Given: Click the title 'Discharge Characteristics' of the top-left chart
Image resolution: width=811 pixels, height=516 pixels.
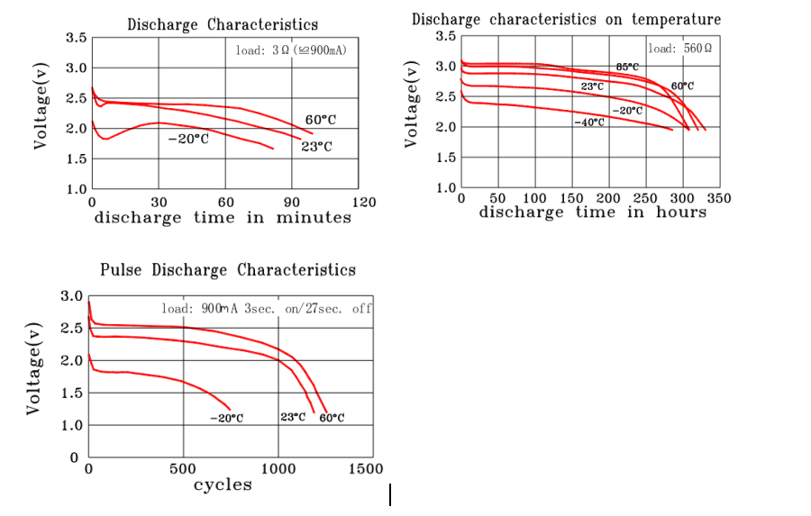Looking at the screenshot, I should click(223, 24).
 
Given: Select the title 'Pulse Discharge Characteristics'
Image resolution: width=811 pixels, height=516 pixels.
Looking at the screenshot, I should click(228, 270).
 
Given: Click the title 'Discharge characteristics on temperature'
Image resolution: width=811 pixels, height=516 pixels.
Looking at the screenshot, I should click(567, 19).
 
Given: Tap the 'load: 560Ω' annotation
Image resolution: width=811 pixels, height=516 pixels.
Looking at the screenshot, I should click(679, 48).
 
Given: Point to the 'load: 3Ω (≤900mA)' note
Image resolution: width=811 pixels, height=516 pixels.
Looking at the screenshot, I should click(291, 50).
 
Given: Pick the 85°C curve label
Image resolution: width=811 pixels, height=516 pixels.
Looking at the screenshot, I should click(628, 67).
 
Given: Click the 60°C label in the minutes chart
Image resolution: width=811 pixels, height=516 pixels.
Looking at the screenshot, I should click(321, 120).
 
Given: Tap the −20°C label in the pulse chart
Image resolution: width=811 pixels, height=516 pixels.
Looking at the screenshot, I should click(226, 418).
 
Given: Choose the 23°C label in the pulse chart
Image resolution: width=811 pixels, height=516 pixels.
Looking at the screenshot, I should click(294, 418).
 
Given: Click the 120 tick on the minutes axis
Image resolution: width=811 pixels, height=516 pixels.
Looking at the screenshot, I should click(363, 202).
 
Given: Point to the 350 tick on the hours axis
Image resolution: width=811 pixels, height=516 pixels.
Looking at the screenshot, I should click(719, 198).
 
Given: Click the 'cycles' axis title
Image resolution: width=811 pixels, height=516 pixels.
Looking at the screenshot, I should click(223, 485).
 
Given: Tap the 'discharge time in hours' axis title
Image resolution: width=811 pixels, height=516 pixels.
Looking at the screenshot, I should click(592, 213).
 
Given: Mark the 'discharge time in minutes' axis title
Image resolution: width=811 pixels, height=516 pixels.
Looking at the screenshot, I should click(223, 218).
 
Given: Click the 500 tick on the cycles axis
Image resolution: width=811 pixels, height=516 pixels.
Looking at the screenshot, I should click(183, 469).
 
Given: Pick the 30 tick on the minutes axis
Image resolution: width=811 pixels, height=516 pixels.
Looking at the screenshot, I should click(159, 202).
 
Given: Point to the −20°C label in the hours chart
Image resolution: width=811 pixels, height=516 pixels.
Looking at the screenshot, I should click(627, 110).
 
